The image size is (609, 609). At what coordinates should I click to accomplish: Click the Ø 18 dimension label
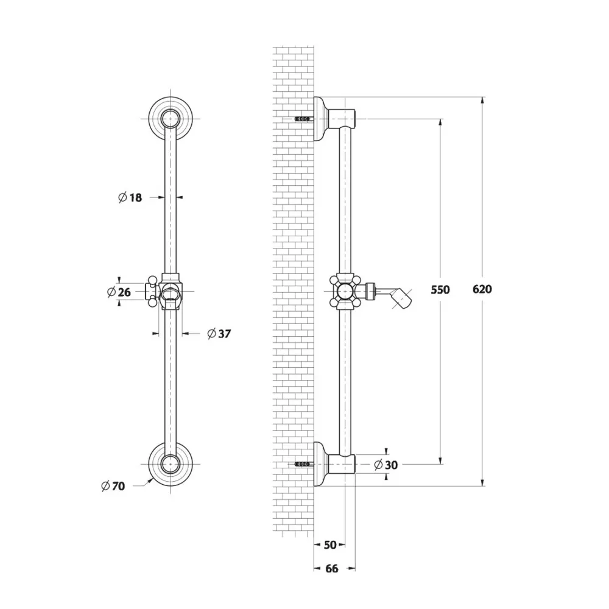[x=130, y=198]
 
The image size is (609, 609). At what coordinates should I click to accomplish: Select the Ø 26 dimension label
[x=119, y=292]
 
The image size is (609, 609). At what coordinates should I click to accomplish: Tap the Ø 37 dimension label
[x=219, y=334]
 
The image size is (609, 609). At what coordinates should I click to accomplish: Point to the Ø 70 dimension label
[x=113, y=486]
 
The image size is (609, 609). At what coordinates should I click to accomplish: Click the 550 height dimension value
[x=440, y=290]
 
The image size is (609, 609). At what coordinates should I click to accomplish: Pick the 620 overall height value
[x=482, y=289]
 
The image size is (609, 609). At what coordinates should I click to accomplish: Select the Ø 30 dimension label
[x=385, y=465]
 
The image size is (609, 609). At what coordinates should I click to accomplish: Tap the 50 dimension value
[x=329, y=545]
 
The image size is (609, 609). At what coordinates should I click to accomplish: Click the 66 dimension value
[x=332, y=569]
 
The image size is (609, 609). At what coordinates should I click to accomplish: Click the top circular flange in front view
[x=171, y=118]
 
